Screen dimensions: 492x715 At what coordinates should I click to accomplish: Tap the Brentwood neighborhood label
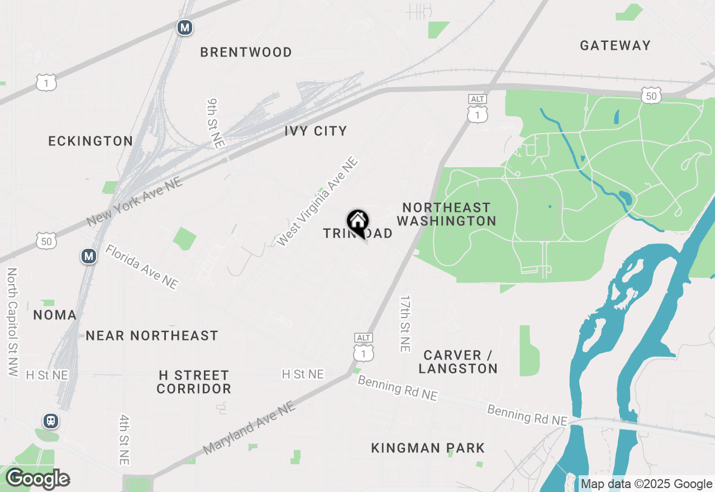point(246,52)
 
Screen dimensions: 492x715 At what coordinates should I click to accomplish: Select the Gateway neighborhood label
point(615,45)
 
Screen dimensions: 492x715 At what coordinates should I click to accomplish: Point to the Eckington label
point(90,141)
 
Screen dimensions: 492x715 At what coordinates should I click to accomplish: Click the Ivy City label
point(316,131)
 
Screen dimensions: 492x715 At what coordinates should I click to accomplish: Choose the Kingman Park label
point(428,447)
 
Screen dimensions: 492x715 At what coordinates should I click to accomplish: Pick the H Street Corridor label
point(193,382)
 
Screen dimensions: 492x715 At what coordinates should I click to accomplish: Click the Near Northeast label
point(151,335)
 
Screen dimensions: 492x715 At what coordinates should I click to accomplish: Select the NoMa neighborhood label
point(55,315)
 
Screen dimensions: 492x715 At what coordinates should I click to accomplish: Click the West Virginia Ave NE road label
point(317,202)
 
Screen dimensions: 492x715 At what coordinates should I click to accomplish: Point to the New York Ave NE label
point(135,202)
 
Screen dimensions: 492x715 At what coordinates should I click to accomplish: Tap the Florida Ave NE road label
point(142,267)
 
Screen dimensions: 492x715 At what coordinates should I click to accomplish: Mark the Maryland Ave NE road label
point(249,428)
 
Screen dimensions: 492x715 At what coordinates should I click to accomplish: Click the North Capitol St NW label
point(12,321)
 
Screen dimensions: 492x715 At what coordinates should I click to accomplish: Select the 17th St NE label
point(405,324)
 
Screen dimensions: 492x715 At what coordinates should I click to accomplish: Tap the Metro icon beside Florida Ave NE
point(89,256)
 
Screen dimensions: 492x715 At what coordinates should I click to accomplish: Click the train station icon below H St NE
point(51,420)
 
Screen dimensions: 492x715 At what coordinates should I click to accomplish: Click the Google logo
point(37,479)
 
